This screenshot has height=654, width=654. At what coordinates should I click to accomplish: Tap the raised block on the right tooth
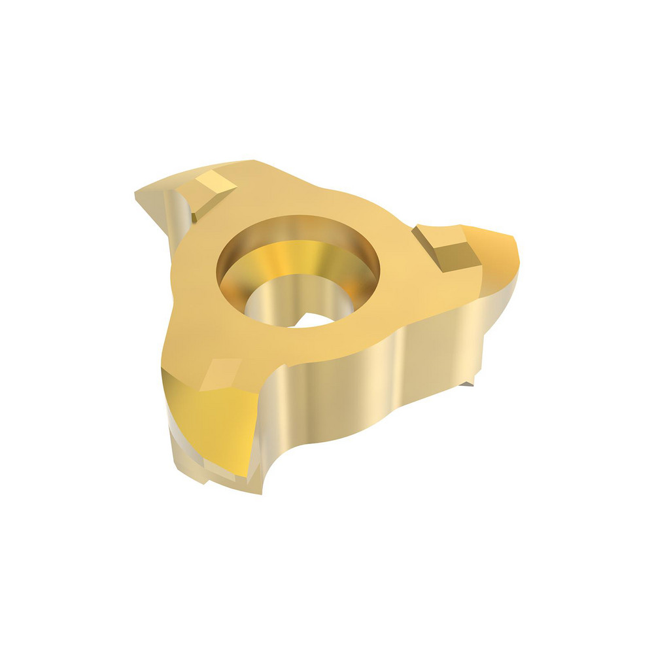pos(446,247)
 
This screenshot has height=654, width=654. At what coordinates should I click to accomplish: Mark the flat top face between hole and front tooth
pos(216,327)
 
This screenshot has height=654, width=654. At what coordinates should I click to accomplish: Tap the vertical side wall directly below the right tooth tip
pos(500,307)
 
